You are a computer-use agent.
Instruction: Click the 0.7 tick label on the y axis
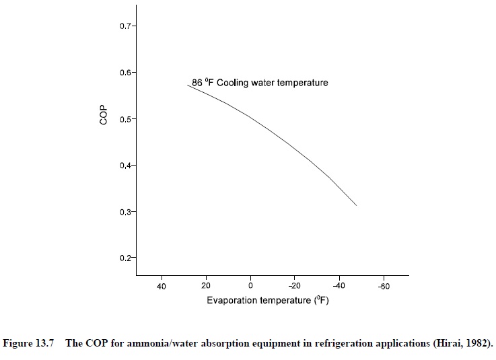(x=127, y=26)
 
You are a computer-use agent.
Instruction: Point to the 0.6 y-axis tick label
(x=127, y=73)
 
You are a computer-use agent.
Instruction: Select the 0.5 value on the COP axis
(x=127, y=119)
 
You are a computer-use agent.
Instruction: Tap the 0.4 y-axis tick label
(x=127, y=166)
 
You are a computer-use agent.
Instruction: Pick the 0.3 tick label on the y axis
(x=127, y=212)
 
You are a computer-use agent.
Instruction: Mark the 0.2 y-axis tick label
(x=127, y=258)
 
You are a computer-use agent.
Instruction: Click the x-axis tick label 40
(x=162, y=286)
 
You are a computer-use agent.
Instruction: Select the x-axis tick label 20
(x=206, y=286)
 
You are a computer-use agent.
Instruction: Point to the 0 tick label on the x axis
(x=250, y=286)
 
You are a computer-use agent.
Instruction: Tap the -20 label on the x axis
(x=294, y=286)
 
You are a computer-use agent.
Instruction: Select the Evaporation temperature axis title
(x=267, y=301)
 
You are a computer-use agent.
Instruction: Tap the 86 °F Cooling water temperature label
(x=260, y=83)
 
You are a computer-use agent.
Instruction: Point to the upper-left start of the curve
(x=187, y=85)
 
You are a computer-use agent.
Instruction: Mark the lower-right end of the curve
(x=356, y=206)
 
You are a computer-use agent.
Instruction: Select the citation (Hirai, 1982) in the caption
(x=462, y=343)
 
